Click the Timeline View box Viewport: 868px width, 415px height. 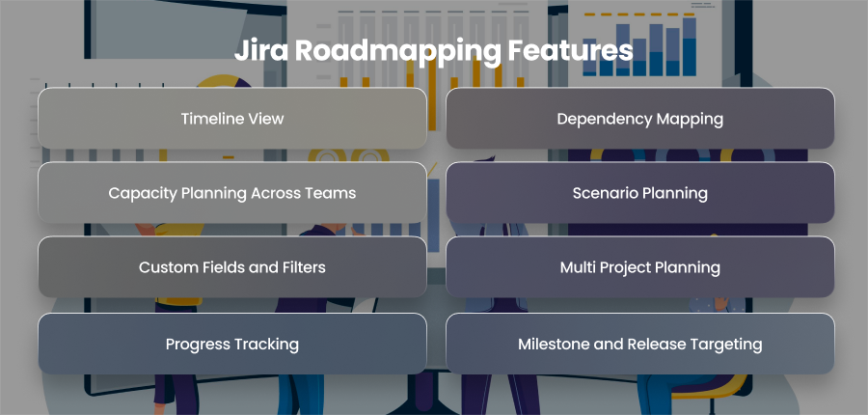[232, 119]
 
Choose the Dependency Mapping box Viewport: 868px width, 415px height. [640, 119]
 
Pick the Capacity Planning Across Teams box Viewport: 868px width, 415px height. [232, 193]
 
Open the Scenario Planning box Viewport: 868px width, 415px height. [640, 193]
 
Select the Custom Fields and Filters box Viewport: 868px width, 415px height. [232, 267]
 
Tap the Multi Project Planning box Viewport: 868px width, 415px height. [640, 267]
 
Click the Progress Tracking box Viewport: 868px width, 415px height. [232, 344]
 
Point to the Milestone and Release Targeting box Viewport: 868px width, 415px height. [640, 344]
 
